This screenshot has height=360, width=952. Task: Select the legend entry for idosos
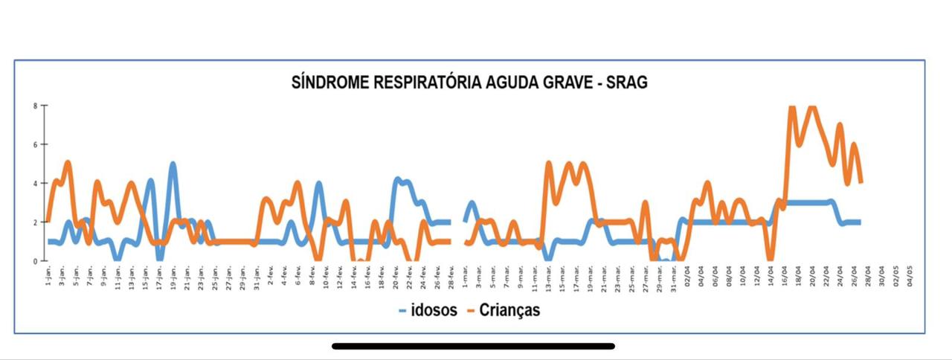pos(428,310)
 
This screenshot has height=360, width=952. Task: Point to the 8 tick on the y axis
pos(35,106)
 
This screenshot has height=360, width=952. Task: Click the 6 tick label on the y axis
pos(35,144)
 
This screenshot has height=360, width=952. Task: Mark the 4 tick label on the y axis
pos(35,183)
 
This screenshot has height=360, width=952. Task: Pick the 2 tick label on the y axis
pos(35,222)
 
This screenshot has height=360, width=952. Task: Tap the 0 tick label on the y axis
pos(35,261)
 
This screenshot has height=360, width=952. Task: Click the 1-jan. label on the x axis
pos(48,277)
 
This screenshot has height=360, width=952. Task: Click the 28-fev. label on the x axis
pos(451,277)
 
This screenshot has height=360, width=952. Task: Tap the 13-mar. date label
pos(549,277)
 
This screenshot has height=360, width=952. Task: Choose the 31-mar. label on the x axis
pos(674,277)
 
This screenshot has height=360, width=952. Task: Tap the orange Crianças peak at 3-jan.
pos(68,162)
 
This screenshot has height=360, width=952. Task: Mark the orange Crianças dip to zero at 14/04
pos(770,259)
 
